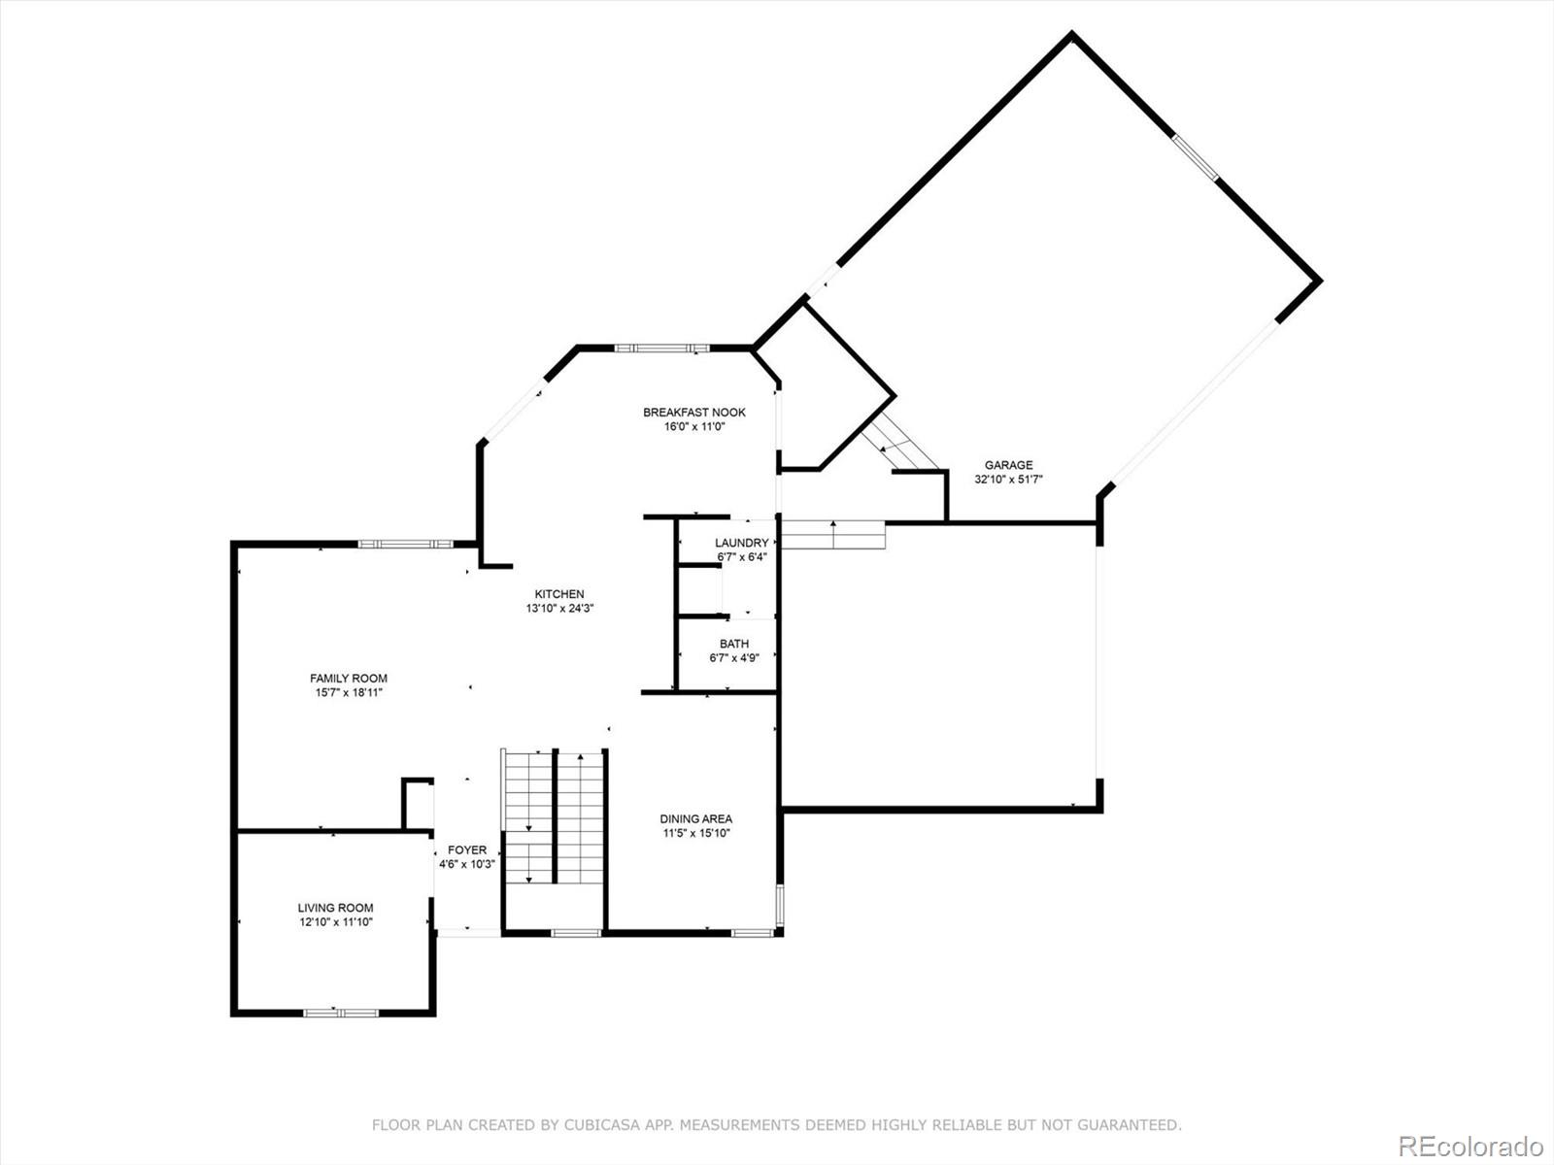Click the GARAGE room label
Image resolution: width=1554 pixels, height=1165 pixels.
1008,465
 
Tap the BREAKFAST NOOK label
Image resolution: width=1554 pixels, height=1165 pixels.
693,412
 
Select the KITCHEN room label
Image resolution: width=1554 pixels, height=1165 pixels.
559,594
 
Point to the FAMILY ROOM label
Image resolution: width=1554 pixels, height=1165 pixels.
349,679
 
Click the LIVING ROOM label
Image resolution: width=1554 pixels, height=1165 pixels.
335,908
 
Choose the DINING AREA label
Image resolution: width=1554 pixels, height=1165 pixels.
696,818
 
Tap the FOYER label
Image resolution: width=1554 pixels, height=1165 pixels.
466,849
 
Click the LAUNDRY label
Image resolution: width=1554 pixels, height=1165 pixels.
741,543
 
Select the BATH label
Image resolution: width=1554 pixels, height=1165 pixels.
734,644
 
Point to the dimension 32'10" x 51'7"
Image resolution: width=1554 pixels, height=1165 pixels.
1008,479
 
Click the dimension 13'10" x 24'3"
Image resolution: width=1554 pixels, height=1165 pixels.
559,609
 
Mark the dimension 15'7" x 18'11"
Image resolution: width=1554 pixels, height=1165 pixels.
349,692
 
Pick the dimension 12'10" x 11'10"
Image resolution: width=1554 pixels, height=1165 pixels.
335,921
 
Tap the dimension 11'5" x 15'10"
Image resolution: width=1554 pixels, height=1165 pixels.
696,833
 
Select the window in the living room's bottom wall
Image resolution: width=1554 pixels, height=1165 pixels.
341,1013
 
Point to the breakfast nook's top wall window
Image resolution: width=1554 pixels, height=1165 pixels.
661,348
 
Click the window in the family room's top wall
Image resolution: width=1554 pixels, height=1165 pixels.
405,544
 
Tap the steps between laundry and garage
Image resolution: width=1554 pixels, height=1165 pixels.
833,535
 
